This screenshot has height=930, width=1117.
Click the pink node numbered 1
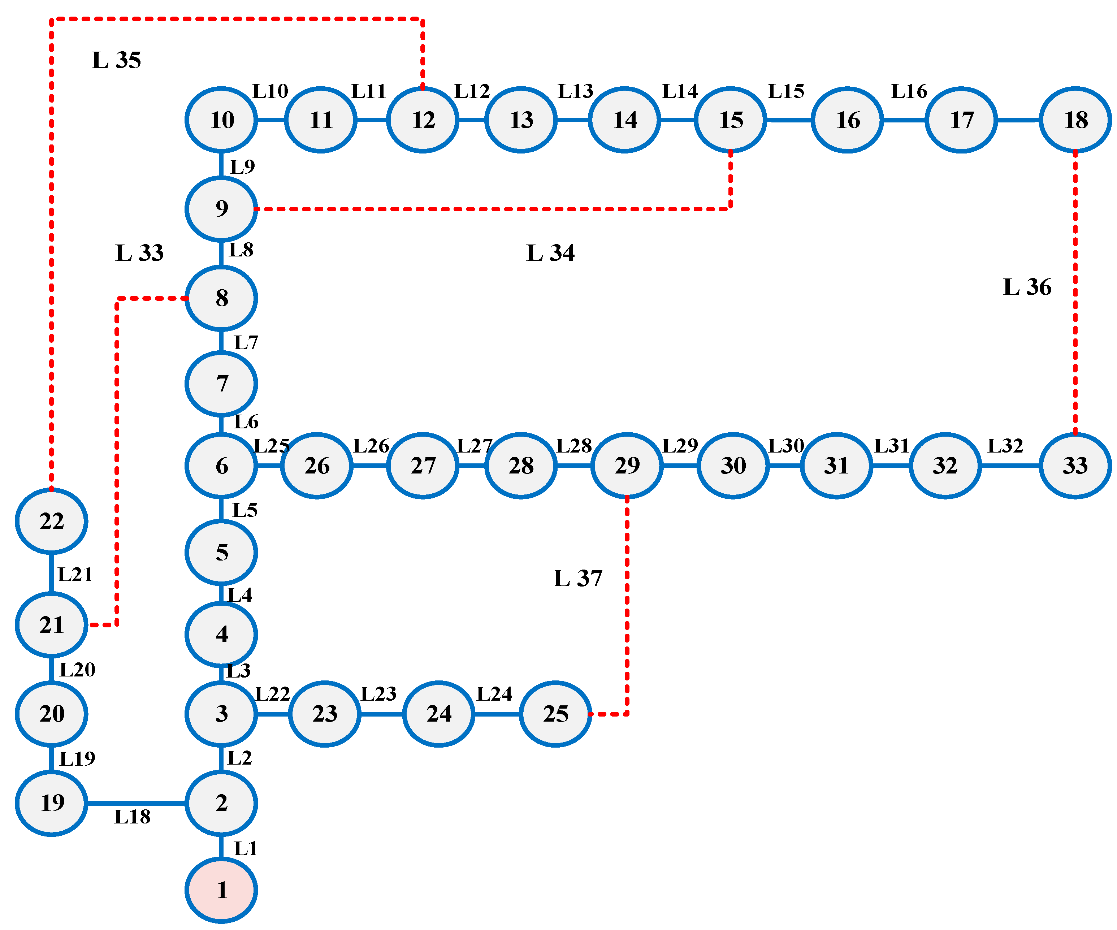click(221, 890)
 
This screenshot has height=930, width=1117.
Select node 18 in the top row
click(1075, 120)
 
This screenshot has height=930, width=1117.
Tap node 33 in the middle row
click(1075, 466)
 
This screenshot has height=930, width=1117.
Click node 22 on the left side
click(52, 521)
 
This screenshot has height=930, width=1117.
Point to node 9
click(221, 208)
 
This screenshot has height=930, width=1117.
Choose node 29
click(627, 466)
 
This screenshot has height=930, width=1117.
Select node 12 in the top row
click(423, 120)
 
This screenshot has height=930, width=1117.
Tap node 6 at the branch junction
click(221, 466)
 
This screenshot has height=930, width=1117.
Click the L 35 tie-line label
click(117, 60)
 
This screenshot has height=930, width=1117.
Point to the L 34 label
click(550, 253)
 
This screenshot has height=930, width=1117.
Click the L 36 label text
click(1027, 287)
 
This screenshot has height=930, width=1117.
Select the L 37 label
click(578, 578)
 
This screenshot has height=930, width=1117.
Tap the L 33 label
click(139, 253)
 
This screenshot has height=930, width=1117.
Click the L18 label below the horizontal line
click(133, 817)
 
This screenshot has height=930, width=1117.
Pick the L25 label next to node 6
click(271, 446)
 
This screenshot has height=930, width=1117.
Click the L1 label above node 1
click(245, 849)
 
